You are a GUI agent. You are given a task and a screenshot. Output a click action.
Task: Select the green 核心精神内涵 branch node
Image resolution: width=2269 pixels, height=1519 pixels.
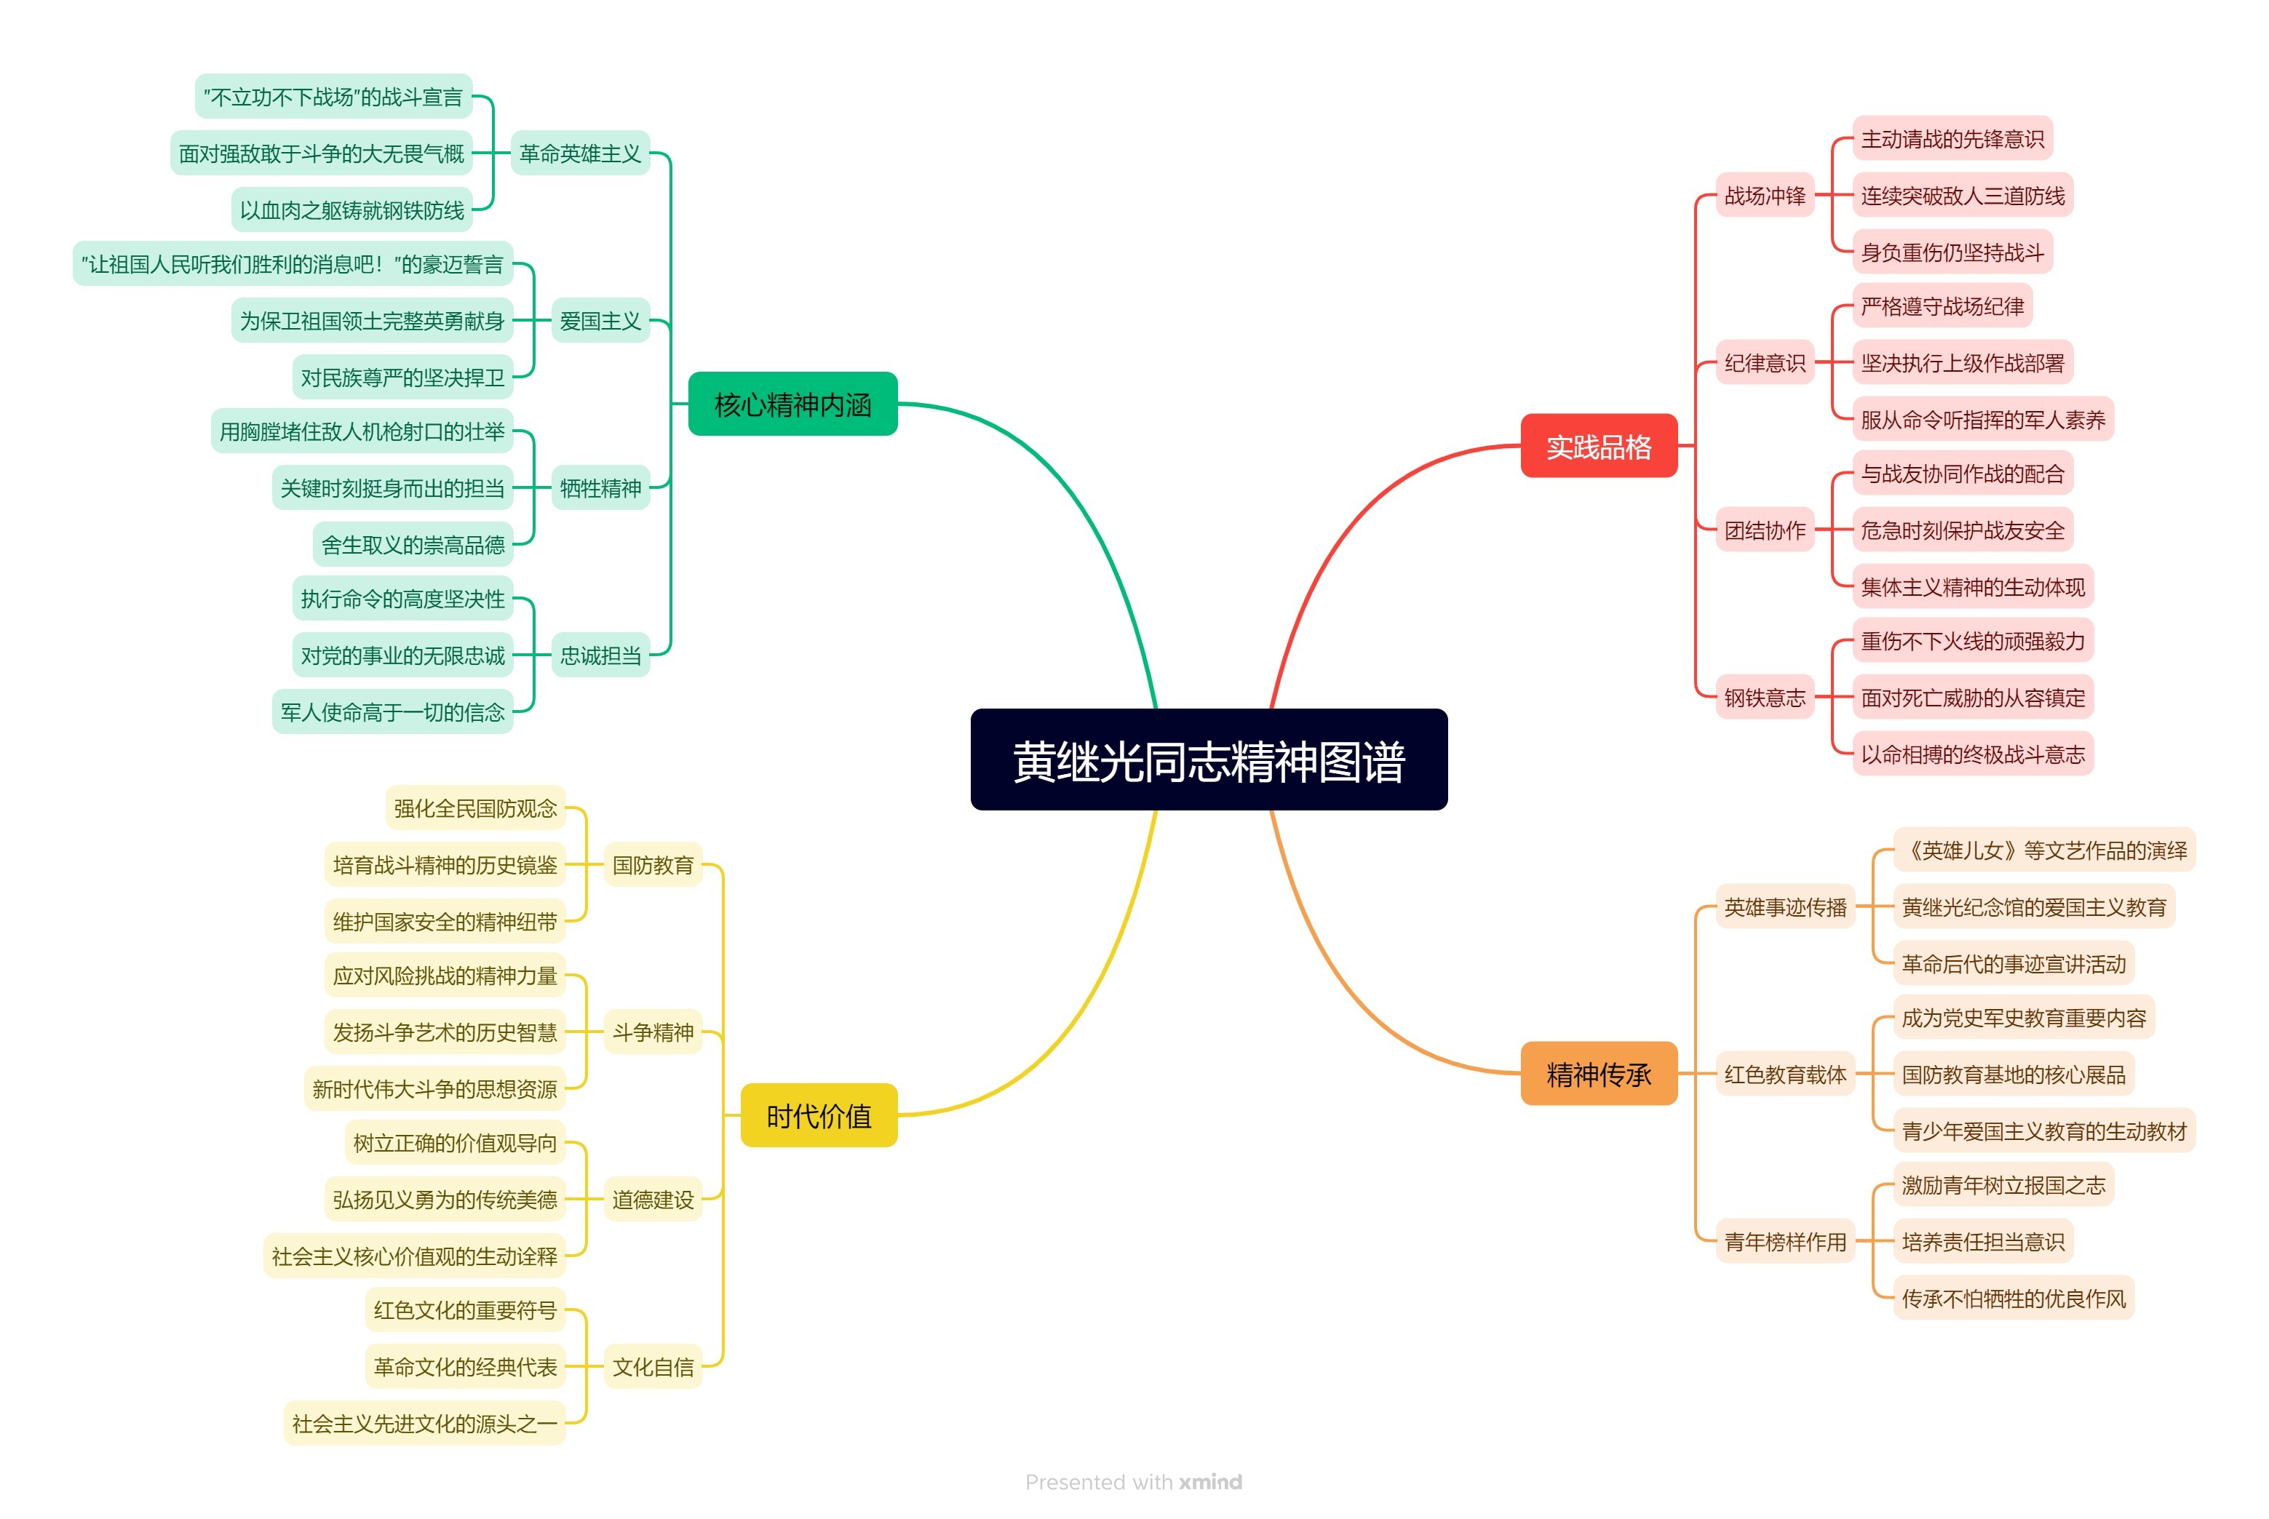[x=792, y=404]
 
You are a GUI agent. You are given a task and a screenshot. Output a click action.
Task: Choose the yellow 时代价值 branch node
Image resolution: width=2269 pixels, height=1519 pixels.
[x=819, y=1116]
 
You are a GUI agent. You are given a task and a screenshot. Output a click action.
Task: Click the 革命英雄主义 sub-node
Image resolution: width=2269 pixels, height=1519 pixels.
[x=579, y=153]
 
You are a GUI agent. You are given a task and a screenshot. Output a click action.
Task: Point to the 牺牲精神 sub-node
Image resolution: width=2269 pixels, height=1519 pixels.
[x=600, y=488]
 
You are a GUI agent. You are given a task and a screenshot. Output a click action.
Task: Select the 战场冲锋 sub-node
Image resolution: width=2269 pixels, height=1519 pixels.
[x=1764, y=196]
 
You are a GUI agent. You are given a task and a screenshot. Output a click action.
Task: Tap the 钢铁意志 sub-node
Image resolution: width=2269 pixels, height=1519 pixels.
[x=1764, y=698]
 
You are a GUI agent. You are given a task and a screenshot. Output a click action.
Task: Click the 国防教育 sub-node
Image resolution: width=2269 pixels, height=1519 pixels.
[x=652, y=865]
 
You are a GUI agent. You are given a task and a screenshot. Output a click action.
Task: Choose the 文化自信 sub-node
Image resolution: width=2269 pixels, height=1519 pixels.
[x=652, y=1367]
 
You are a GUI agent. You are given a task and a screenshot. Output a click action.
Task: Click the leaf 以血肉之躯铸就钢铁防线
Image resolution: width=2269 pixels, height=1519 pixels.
[x=351, y=210]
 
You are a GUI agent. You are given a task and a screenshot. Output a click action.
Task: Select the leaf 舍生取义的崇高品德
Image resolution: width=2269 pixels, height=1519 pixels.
[x=413, y=544]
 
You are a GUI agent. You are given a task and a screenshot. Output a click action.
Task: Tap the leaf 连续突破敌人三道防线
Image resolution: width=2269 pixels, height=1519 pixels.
[x=1962, y=196]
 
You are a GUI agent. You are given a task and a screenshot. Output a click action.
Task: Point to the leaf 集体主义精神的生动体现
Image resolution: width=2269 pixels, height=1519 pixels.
[x=1973, y=587]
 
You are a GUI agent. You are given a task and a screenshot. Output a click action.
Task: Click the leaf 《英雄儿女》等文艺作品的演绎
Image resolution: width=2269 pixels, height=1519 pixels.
[x=2043, y=850]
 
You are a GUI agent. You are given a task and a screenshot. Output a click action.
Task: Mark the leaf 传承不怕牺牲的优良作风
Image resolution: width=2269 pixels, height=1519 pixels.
[x=2014, y=1298]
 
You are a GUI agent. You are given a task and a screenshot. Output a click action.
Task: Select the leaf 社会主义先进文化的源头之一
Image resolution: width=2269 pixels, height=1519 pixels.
[x=424, y=1423]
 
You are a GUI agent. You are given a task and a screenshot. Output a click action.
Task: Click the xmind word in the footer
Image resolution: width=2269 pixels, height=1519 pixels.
[x=1210, y=1482]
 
